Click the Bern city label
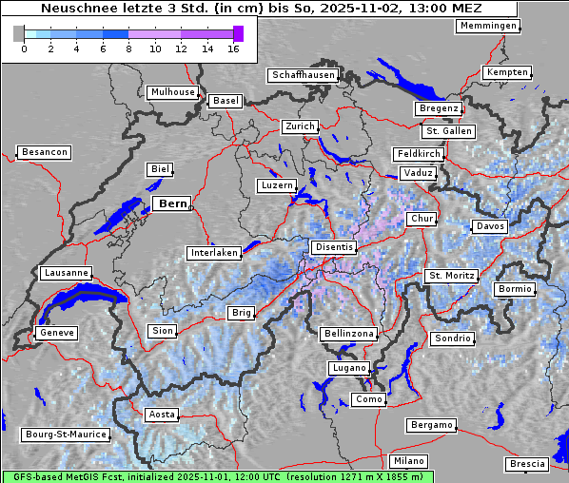point(172,203)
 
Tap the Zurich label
point(300,126)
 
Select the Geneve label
point(55,333)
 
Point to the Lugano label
point(348,368)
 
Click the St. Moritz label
point(451,276)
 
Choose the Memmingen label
point(488,26)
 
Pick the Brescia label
point(527,464)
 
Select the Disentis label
point(334,247)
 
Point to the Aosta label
point(162,415)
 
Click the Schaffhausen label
point(304,74)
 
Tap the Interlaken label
point(214,253)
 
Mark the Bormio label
point(515,289)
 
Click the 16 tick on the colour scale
point(233,48)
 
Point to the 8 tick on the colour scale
point(129,48)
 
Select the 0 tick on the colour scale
point(24,48)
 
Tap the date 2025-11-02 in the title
point(346,8)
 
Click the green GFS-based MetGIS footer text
point(217,476)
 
